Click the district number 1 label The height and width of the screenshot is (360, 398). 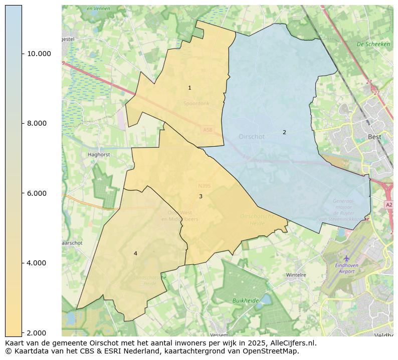click(x=189, y=88)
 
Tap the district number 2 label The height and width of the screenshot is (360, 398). click(x=284, y=133)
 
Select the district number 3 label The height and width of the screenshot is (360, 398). click(x=201, y=197)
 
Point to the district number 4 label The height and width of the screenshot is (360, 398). click(x=135, y=254)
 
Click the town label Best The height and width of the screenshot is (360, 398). click(x=374, y=137)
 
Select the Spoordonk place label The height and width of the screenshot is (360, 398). click(x=196, y=104)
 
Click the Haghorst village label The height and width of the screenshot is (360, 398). click(x=98, y=155)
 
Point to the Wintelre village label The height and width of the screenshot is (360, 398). click(x=296, y=275)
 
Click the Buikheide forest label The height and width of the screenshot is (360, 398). click(x=246, y=300)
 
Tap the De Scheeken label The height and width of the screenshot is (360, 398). click(x=373, y=44)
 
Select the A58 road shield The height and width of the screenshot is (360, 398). click(x=207, y=130)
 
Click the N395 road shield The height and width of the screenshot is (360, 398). click(x=204, y=186)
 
